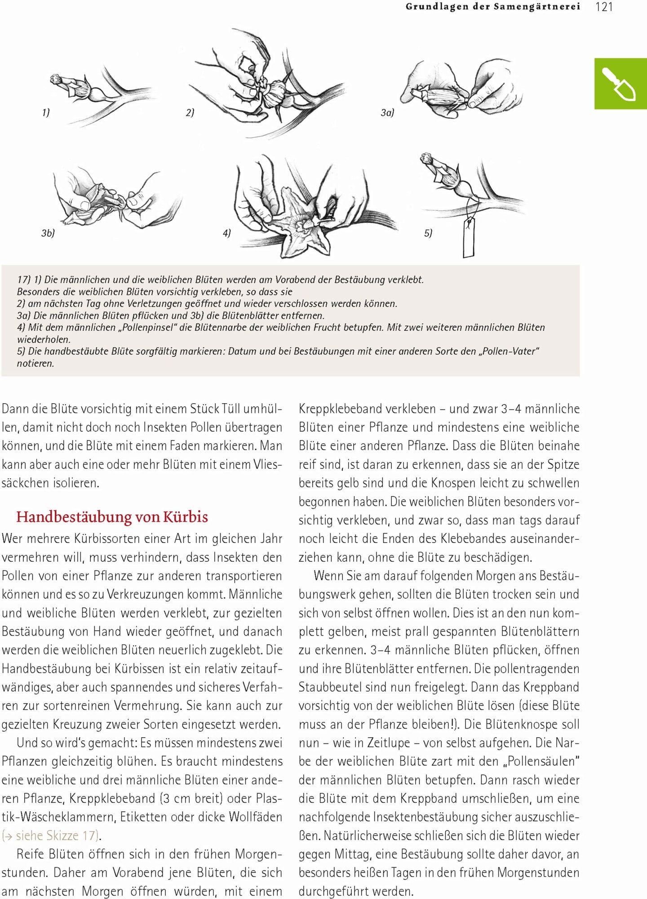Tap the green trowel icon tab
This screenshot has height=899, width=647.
(x=620, y=84)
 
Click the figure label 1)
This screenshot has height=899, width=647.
(x=46, y=112)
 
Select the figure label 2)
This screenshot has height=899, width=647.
(x=190, y=112)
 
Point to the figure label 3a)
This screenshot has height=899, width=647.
(x=387, y=112)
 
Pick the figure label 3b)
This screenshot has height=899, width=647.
(x=48, y=233)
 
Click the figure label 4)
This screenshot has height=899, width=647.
(x=227, y=233)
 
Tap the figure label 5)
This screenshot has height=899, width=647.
(x=428, y=233)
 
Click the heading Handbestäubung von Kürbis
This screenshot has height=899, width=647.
(x=112, y=517)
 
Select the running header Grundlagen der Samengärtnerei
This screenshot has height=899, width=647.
(x=492, y=7)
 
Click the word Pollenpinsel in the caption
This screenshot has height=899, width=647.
(x=147, y=328)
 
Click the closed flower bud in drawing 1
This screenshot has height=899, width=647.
(x=72, y=85)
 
